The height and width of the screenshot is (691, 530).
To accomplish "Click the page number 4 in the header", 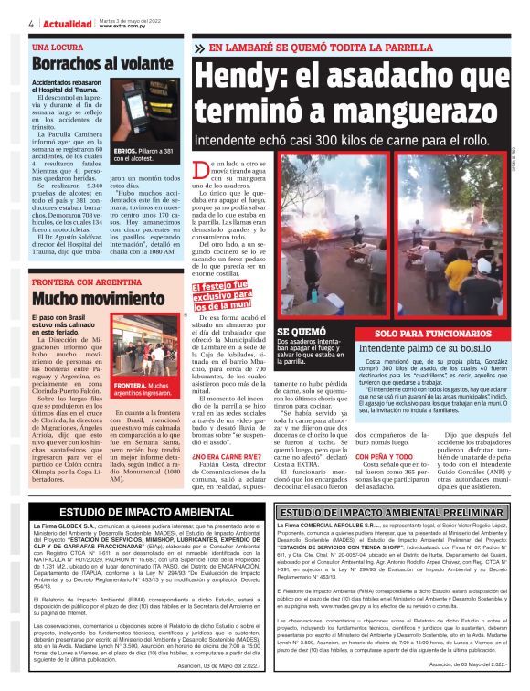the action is click(x=32, y=23).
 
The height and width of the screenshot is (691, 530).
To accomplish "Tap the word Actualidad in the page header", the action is click(x=67, y=23).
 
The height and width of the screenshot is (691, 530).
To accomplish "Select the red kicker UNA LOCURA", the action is click(x=58, y=46).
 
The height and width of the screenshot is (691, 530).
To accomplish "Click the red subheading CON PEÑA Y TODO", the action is click(x=382, y=455).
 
